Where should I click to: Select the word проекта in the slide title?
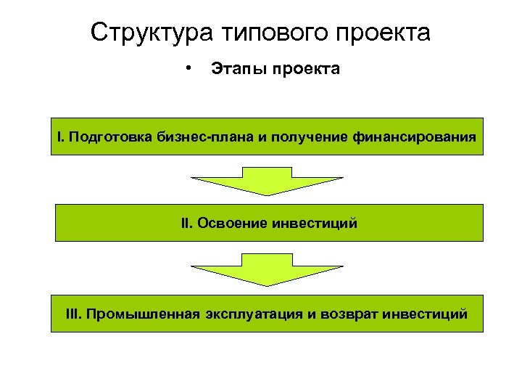point(389,33)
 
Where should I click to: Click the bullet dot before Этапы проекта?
point(188,68)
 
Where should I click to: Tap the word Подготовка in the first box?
point(109,136)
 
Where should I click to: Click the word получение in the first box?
point(307,136)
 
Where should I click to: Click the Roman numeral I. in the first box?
point(62,136)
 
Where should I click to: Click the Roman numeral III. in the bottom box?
point(73,314)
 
